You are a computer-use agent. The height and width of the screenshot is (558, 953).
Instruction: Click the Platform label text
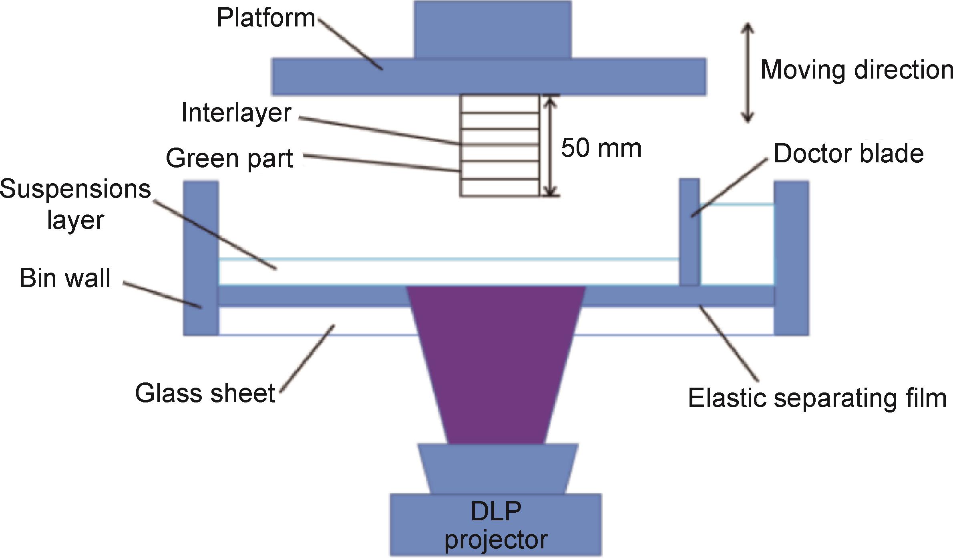click(266, 18)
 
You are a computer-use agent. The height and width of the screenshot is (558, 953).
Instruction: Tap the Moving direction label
click(856, 70)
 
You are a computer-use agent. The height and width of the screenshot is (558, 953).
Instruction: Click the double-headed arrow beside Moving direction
click(748, 72)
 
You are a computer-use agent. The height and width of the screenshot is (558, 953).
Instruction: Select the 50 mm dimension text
click(601, 148)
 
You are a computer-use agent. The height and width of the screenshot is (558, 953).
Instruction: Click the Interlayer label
click(236, 113)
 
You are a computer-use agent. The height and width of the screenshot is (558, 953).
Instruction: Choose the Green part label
click(229, 158)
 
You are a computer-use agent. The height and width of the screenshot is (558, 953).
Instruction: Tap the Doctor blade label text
click(848, 154)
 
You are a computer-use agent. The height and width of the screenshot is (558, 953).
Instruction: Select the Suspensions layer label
click(75, 204)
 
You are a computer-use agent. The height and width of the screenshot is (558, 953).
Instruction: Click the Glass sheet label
click(205, 393)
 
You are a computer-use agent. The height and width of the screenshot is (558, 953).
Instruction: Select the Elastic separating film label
click(817, 398)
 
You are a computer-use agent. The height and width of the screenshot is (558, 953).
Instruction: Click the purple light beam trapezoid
click(496, 361)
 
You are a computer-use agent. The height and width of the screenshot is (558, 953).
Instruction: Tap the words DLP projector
click(496, 525)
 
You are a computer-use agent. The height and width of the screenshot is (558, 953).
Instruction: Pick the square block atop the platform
click(493, 30)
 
